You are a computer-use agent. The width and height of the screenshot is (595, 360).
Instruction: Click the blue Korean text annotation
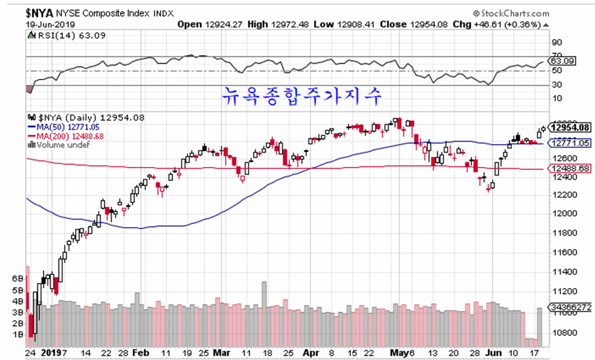(x=302, y=97)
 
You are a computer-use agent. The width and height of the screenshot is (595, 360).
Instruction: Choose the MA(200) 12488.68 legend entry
(x=69, y=137)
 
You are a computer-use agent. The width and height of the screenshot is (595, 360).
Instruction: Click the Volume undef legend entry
(x=63, y=145)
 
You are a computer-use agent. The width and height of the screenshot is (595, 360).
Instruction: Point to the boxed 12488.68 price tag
(x=570, y=168)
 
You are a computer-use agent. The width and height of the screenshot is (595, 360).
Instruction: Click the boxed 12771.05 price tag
(x=570, y=143)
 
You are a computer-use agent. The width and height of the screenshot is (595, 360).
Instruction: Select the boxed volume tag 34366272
(x=570, y=307)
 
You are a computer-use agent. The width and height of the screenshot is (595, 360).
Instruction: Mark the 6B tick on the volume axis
(x=17, y=279)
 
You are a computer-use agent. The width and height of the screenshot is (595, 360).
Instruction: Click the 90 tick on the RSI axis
(x=556, y=42)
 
